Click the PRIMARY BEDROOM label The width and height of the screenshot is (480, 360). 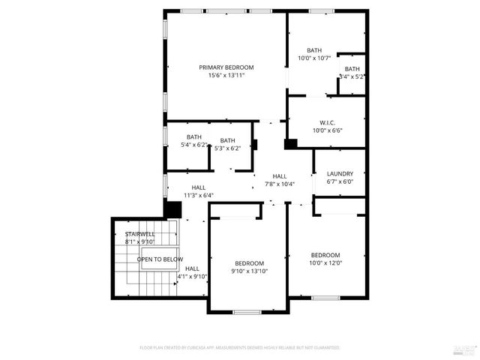point(226,67)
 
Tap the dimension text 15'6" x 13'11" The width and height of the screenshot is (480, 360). point(226,75)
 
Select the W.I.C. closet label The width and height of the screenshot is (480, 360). point(327,122)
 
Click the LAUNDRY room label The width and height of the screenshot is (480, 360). point(340,173)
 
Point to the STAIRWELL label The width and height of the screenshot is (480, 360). point(139,234)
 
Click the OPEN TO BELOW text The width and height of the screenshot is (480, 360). point(159,259)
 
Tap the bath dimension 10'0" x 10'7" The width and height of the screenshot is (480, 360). point(313,58)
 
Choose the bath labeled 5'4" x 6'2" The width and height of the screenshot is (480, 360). point(194,145)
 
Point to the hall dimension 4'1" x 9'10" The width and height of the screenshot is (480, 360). point(192,276)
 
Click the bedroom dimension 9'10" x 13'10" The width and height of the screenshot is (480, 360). point(249,271)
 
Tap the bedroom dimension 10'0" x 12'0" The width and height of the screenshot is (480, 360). point(325,262)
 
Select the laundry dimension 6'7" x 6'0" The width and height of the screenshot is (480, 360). point(340,181)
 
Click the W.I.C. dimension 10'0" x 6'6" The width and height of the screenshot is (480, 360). point(327,130)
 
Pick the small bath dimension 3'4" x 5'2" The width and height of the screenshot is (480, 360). point(352,76)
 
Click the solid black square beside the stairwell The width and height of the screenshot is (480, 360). point(173,210)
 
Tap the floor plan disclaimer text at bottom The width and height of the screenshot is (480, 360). point(239,348)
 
